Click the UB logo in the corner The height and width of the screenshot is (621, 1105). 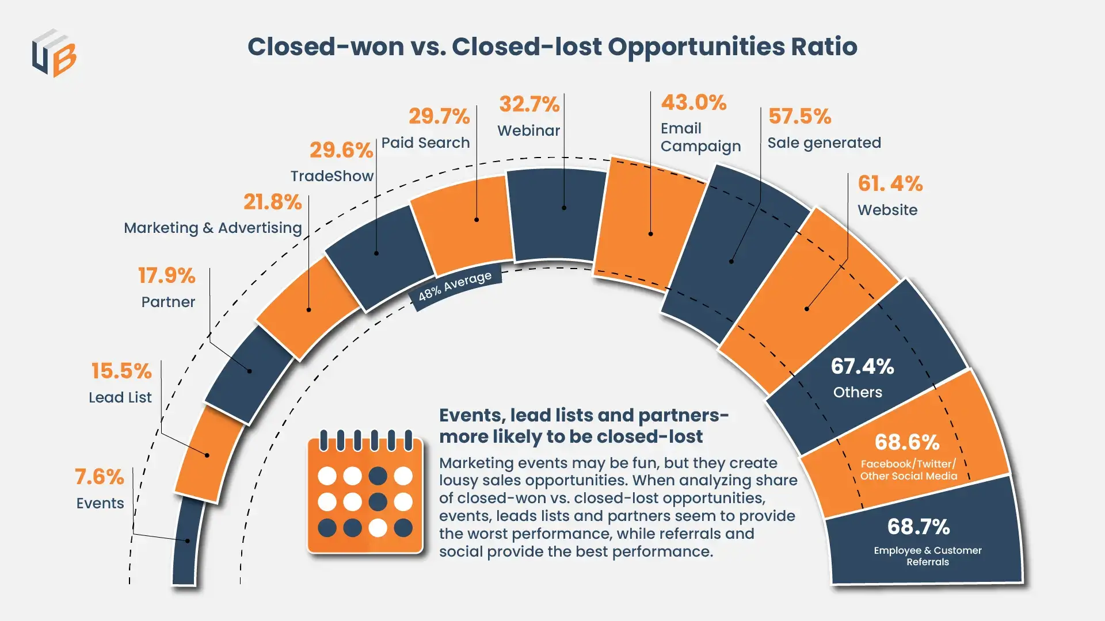tap(54, 53)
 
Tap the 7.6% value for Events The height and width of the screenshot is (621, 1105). tap(99, 477)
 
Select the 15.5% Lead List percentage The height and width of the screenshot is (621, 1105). tap(121, 371)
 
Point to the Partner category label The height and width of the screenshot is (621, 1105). tap(168, 302)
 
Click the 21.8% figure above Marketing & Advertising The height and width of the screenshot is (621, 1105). tap(272, 202)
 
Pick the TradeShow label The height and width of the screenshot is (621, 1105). tap(332, 176)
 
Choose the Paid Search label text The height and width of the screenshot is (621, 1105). tap(425, 143)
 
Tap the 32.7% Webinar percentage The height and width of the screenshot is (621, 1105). tap(529, 104)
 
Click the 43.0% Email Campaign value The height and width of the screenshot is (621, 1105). tap(694, 102)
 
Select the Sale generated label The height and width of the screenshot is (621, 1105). tap(824, 143)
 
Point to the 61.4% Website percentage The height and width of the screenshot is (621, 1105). tap(890, 183)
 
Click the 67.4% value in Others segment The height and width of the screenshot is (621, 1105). tap(862, 366)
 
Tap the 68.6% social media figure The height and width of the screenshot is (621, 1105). tap(907, 442)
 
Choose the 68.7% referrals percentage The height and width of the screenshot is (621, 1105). tap(919, 527)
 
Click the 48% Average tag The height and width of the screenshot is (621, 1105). tap(455, 286)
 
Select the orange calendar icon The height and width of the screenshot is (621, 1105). tap(365, 492)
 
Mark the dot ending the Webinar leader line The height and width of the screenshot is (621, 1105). tap(564, 208)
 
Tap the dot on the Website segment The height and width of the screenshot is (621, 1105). tap(806, 309)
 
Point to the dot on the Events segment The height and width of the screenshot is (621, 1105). tap(188, 540)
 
